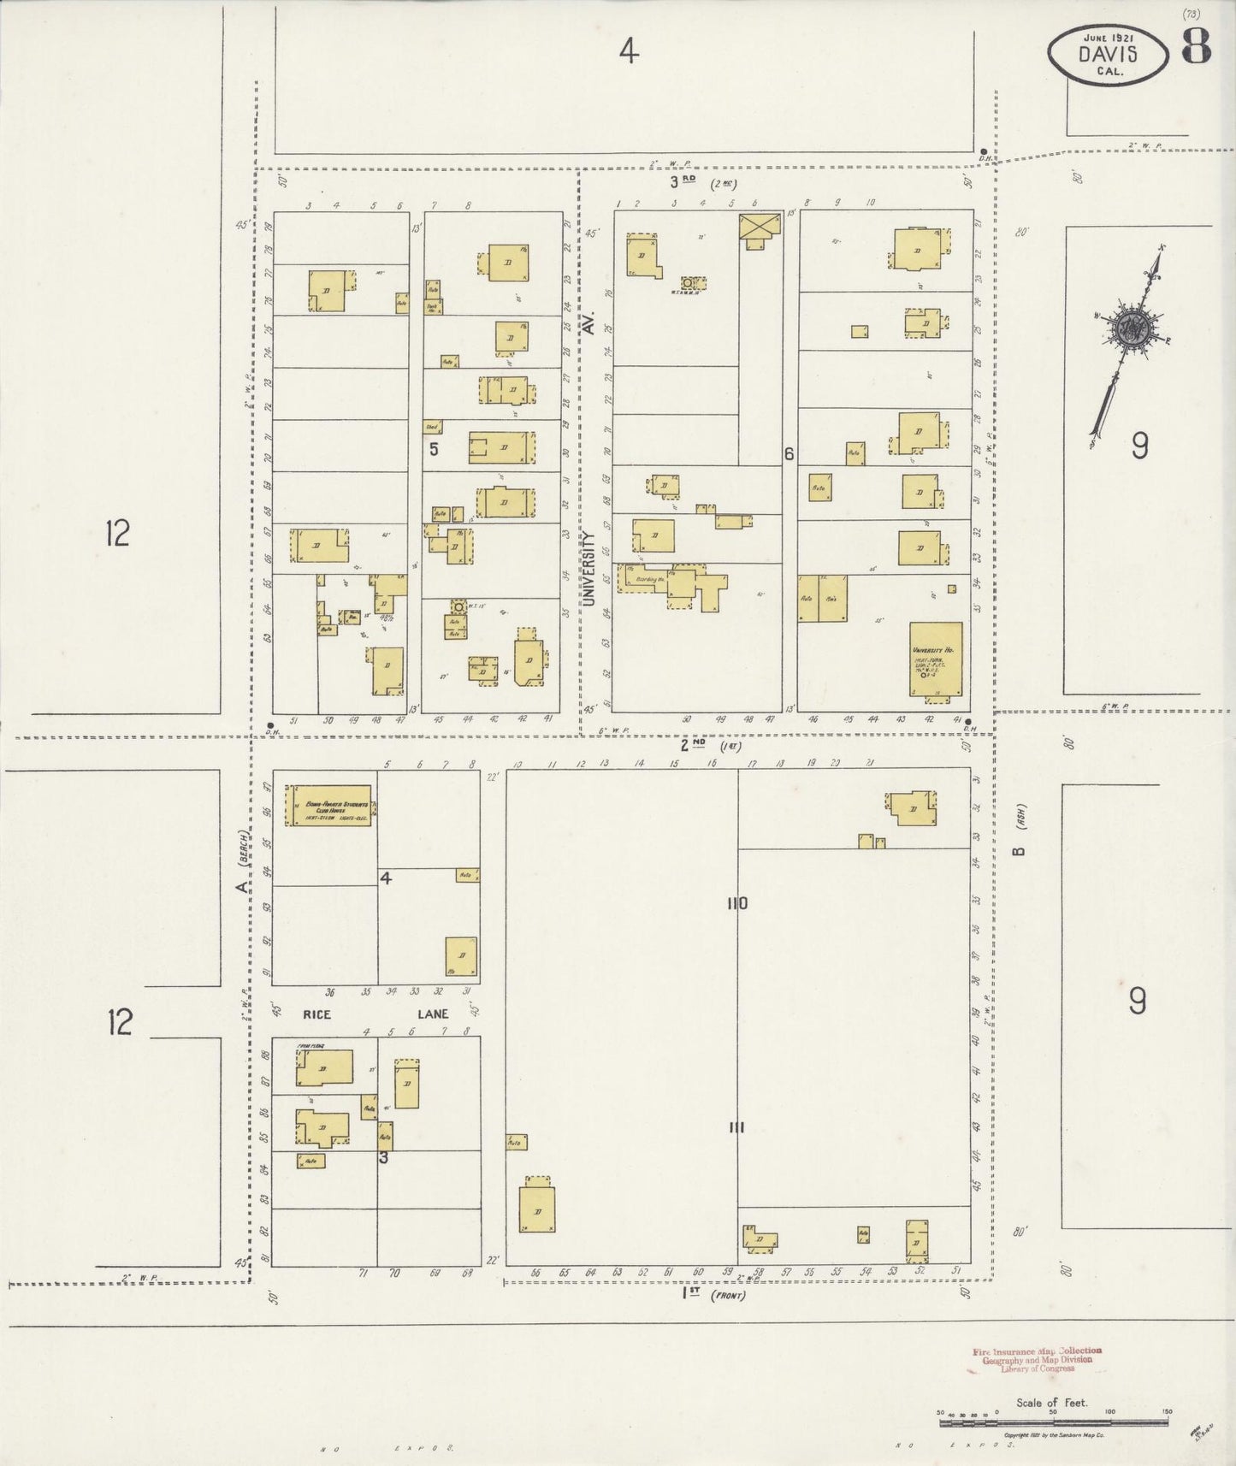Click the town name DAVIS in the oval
pyautogui.click(x=1107, y=54)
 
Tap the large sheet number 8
pyautogui.click(x=1196, y=48)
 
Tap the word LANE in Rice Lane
pyautogui.click(x=432, y=1014)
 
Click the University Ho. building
pyautogui.click(x=935, y=659)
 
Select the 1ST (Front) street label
pyautogui.click(x=689, y=1294)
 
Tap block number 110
pyautogui.click(x=736, y=903)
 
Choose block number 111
pyautogui.click(x=736, y=1127)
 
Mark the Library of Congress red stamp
pyautogui.click(x=1037, y=1359)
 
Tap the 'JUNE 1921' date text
pyautogui.click(x=1107, y=37)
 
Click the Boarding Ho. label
pyautogui.click(x=648, y=580)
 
